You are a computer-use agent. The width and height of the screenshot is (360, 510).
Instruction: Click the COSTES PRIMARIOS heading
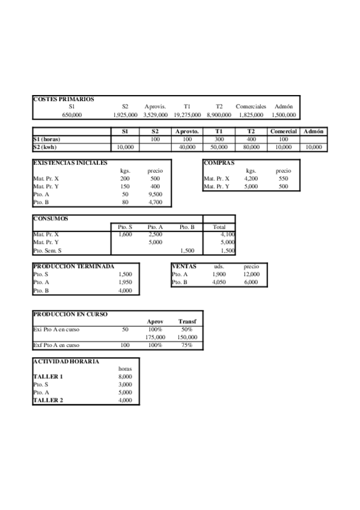[63, 99]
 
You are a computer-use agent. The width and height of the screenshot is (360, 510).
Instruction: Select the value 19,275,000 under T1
[187, 114]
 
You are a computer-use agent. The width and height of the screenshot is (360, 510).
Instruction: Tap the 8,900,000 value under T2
[219, 114]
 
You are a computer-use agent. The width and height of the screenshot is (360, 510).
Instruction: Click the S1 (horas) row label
[47, 139]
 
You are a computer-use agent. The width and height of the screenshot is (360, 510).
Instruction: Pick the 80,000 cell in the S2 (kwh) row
[251, 147]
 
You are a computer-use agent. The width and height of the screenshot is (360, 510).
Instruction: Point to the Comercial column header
[283, 131]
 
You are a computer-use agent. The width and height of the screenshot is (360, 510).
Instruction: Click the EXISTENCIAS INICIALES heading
[70, 162]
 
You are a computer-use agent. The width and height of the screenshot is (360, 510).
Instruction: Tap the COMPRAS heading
[219, 162]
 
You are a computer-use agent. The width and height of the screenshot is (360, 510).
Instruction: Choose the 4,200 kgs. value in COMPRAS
[251, 179]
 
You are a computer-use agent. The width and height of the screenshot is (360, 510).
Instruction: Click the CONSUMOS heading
[50, 218]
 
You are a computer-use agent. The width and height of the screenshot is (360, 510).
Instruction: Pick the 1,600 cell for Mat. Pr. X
[125, 234]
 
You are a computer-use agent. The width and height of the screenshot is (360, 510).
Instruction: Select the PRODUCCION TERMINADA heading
[73, 266]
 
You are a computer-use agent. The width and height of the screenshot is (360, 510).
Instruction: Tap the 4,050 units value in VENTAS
[219, 281]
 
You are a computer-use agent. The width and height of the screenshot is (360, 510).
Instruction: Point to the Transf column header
[187, 322]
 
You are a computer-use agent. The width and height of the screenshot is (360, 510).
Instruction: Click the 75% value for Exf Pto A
[187, 345]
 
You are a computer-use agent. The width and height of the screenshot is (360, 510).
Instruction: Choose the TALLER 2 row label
[47, 400]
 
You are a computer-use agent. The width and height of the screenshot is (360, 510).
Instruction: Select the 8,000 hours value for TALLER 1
[125, 376]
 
